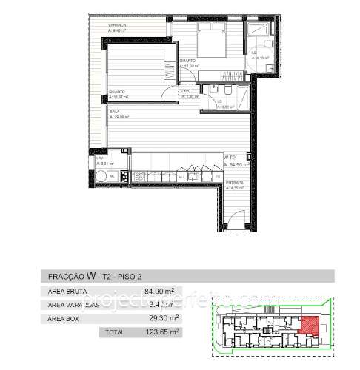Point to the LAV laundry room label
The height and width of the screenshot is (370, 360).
(x=100, y=158)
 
